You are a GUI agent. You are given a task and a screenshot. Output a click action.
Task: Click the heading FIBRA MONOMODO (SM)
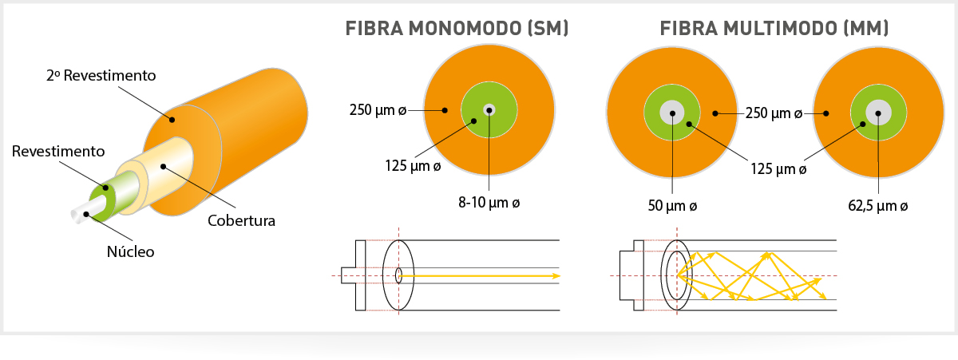tap(457, 29)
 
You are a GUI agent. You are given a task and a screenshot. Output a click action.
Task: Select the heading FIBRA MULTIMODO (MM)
tap(774, 29)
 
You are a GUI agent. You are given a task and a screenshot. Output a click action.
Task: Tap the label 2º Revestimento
tap(101, 76)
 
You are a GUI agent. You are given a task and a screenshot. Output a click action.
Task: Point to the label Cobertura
tap(241, 221)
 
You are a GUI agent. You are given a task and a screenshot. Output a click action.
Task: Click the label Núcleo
tap(130, 251)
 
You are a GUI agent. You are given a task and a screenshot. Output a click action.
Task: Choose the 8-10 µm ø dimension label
tap(489, 203)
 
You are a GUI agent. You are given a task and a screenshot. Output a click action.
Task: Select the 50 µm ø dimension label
tap(672, 206)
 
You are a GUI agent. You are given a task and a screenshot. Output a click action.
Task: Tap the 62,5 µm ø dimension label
tap(877, 206)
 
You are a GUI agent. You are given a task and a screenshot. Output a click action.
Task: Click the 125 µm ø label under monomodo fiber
tap(413, 166)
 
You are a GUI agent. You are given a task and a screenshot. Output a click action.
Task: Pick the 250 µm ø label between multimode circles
tap(774, 113)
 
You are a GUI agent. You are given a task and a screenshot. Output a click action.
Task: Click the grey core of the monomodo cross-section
tap(489, 110)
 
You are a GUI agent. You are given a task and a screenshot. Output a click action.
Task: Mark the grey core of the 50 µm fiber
tap(672, 113)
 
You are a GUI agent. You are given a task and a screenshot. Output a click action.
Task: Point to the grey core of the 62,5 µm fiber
tap(878, 113)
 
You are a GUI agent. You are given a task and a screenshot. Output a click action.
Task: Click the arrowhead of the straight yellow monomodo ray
tap(556, 276)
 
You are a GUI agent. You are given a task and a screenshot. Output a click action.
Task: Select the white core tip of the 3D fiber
tap(79, 216)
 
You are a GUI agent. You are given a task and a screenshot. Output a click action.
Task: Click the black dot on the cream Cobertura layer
tap(164, 166)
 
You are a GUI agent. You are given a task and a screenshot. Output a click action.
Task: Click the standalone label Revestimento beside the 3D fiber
tap(58, 152)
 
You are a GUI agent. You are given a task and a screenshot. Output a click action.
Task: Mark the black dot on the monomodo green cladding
tap(474, 121)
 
